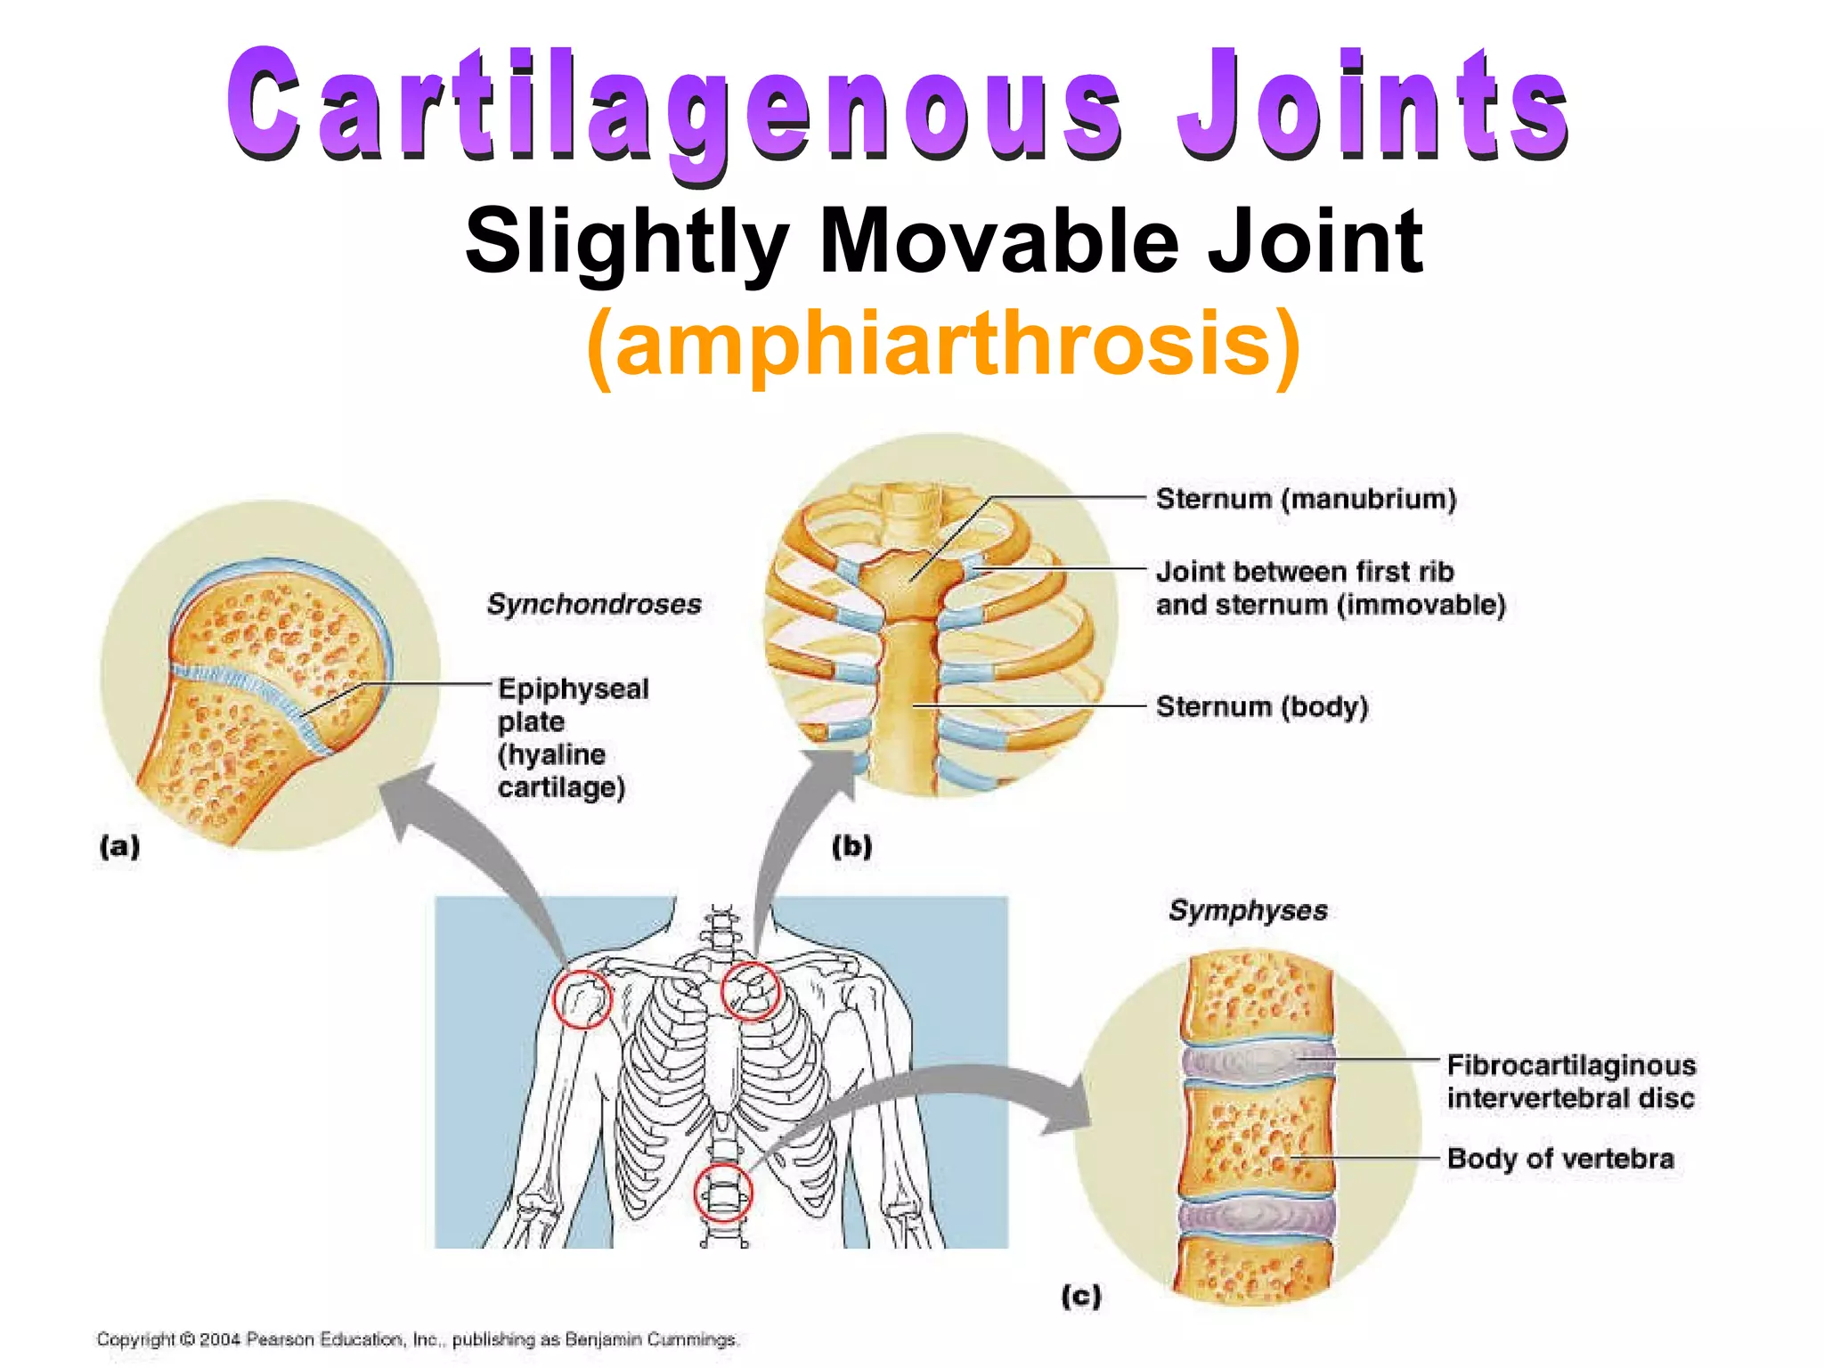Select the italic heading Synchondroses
pos(594,604)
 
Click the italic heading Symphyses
pos(1248,910)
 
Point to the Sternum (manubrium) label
pos(1306,499)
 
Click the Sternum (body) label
pos(1261,706)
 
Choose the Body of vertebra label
pos(1560,1158)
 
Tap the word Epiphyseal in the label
pos(574,688)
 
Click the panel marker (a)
pos(119,845)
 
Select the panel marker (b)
pos(852,845)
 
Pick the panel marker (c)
pos(1081,1295)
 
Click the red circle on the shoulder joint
pos(582,998)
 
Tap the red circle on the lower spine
pos(723,1193)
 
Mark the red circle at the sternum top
pos(750,990)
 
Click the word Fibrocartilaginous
pos(1571,1065)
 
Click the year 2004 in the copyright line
pos(220,1339)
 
